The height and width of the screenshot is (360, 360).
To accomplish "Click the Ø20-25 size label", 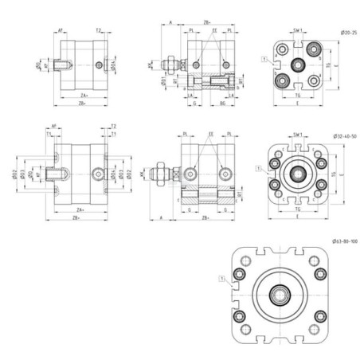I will coord(347,31).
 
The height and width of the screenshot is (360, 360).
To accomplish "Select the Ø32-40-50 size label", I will coord(342,137).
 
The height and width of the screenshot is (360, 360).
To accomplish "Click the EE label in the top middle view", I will coord(214,30).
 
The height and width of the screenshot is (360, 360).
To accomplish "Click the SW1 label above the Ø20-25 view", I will coord(297,32).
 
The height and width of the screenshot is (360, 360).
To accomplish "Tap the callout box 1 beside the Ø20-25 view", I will coord(264,59).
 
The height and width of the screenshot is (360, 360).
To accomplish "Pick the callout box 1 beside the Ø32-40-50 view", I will coord(257,168).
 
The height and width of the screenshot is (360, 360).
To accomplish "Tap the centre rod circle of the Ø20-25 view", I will coord(298,65).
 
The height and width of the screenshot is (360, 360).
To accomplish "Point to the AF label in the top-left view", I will coord(61,30).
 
